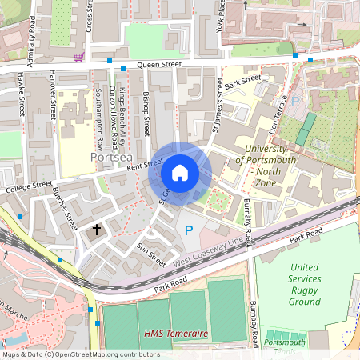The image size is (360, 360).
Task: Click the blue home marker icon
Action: pos(180,173)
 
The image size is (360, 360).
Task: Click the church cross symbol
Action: pos(97,230)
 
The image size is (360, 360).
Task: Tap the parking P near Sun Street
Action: pos(189,230)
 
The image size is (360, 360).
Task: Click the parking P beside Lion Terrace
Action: pos(294,102)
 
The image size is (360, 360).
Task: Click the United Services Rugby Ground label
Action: pos(305,284)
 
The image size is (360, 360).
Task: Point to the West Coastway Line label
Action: pos(206,250)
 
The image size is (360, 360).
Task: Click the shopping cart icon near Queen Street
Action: pos(78,56)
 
